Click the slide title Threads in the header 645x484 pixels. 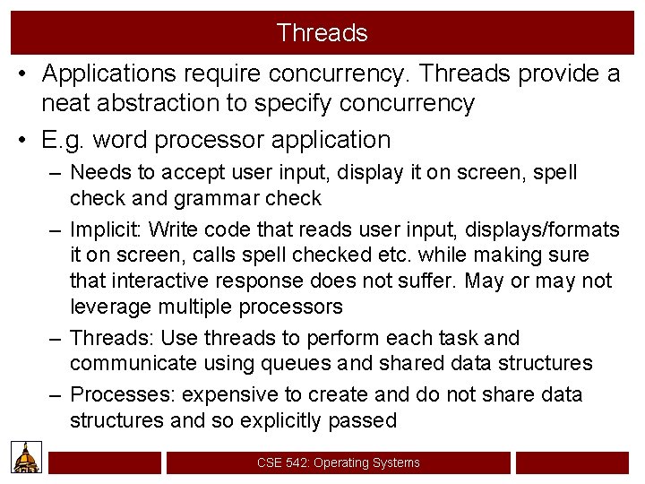pos(322,33)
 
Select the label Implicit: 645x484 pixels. pos(107,229)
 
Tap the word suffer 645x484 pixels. pos(426,281)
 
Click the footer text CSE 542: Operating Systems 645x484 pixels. pos(338,462)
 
